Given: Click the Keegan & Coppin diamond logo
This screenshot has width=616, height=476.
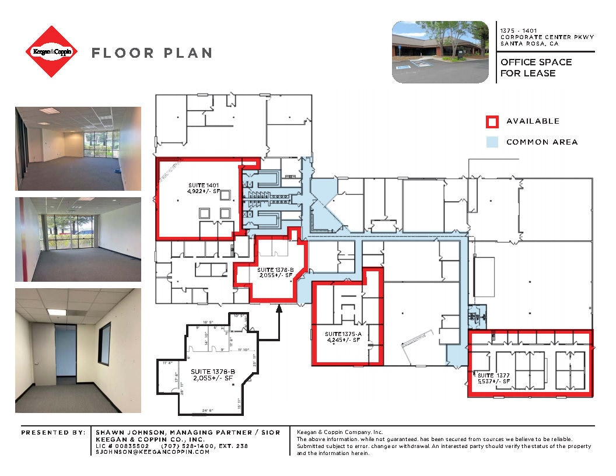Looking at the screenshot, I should (51, 52).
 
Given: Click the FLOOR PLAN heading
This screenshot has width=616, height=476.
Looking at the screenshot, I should (152, 53).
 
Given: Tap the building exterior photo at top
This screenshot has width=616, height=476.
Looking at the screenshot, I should (440, 52).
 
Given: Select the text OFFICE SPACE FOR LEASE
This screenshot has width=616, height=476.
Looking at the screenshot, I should (536, 68).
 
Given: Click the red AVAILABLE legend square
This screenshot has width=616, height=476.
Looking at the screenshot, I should (492, 121).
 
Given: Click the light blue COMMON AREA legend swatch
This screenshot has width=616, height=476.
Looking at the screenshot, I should (492, 142).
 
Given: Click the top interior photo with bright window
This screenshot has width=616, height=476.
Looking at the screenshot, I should (78, 148).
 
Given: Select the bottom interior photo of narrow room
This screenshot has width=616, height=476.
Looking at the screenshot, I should (78, 351).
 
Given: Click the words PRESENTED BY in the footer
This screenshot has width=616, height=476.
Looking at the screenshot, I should (52, 432).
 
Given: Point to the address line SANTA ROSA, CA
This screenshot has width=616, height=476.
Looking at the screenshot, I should (528, 44).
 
